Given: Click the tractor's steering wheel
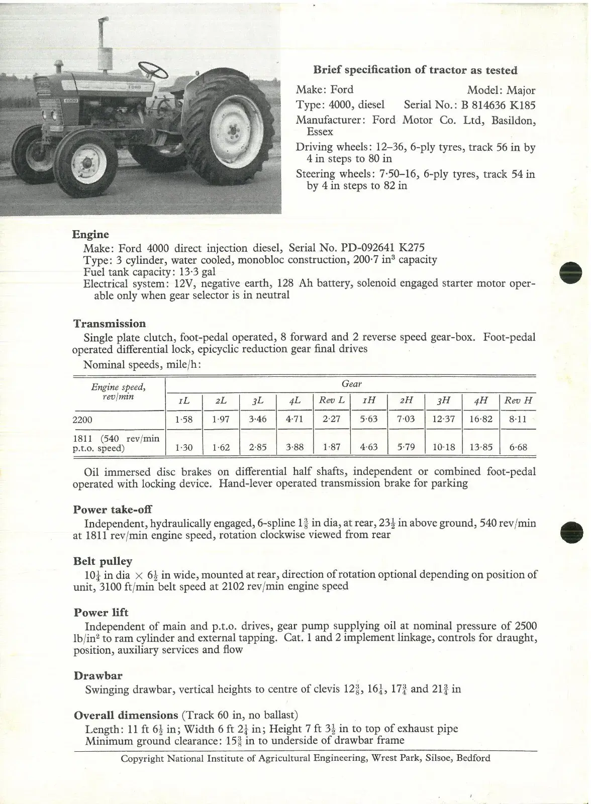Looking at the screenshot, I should pos(153,70).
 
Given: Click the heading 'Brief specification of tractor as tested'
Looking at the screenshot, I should pos(415,70).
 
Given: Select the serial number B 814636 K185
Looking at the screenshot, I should pos(495,105).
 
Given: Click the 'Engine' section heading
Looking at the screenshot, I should pos(90,234).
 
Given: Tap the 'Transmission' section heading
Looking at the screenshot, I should pos(110,324).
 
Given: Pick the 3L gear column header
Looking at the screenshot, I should pos(258,401).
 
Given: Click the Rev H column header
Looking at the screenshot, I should pos(518,400).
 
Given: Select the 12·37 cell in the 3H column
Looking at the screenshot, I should pos(444,419).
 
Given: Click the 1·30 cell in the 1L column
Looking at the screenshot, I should pos(184,447).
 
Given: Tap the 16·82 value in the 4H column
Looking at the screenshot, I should pos(481,419).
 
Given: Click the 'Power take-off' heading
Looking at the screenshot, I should pos(113,510).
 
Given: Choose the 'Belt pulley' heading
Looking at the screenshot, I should pos(103,561).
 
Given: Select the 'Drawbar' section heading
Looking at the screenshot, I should pos(98,676).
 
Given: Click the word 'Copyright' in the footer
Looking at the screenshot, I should pos(142,758).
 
